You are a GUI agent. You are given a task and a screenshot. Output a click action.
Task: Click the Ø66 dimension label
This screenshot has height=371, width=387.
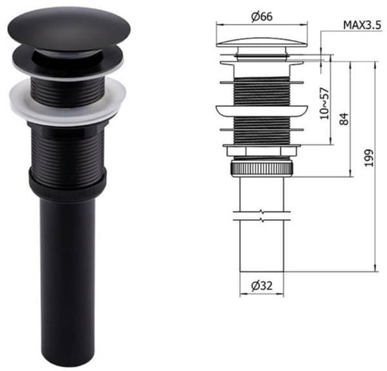(262, 17)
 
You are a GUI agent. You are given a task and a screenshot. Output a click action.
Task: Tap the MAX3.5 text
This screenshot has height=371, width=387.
(362, 25)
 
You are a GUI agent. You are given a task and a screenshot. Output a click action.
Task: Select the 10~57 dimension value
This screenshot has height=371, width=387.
(324, 103)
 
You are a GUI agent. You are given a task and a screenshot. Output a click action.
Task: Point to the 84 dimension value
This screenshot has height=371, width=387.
(344, 119)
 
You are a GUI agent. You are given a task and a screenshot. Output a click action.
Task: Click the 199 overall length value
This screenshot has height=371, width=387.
(369, 158)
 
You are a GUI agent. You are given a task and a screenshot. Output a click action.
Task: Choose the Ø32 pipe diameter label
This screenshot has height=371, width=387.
(262, 286)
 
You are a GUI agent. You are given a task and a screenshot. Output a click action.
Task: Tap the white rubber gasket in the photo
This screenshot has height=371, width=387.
(68, 101)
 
